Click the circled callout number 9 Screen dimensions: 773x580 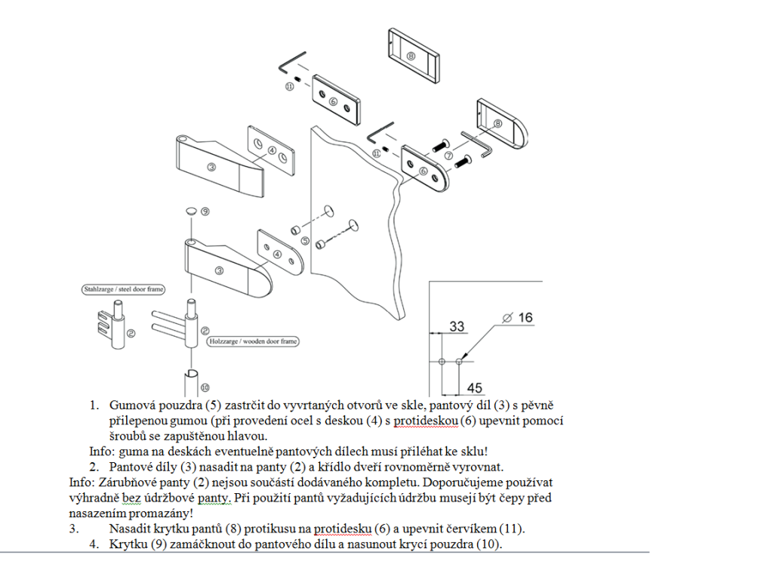[205, 211]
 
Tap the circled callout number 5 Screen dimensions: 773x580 [305, 242]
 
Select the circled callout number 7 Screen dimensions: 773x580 [448, 156]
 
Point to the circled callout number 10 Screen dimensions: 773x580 [205, 388]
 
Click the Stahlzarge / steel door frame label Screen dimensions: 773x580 [123, 289]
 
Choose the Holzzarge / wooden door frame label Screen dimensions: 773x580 [252, 342]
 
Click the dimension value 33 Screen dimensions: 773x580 [457, 326]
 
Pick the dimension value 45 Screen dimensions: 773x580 [475, 388]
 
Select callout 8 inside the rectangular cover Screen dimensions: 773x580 [411, 57]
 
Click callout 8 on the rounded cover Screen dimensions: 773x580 [497, 123]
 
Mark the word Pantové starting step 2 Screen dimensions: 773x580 [134, 467]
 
